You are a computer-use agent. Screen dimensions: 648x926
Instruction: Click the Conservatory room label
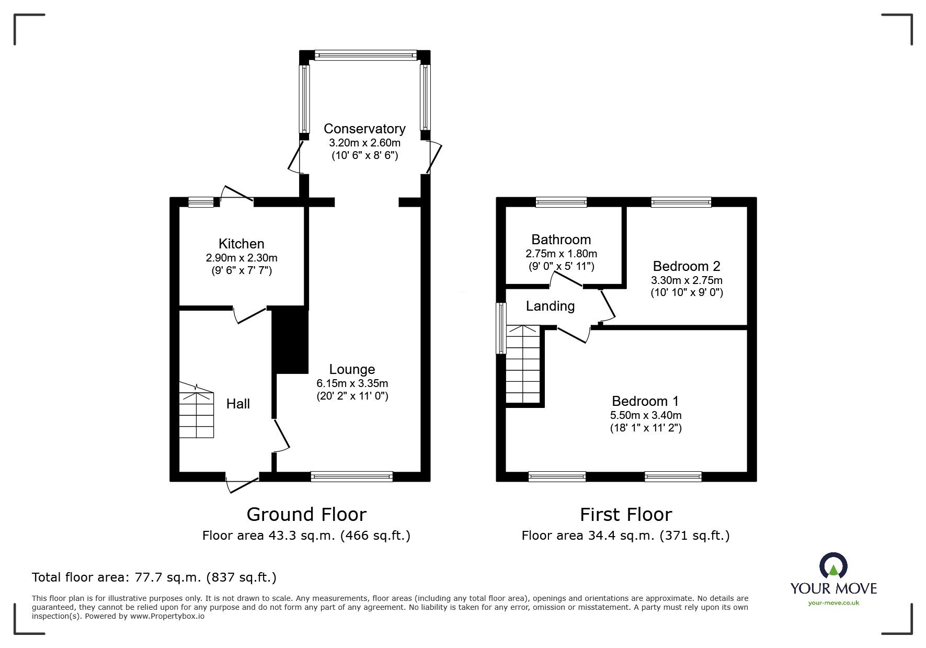[364, 129]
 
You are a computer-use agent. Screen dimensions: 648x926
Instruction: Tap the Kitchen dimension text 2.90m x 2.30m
[242, 258]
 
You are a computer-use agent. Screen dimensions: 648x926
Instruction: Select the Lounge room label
[352, 369]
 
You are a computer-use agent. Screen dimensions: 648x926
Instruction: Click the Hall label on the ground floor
[238, 404]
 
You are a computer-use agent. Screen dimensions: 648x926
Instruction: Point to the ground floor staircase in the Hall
[197, 410]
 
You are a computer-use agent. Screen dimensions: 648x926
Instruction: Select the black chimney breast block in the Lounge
[290, 340]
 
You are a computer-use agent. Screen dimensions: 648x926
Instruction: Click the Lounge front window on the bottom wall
[351, 476]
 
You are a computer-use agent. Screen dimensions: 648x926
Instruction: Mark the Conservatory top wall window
[365, 55]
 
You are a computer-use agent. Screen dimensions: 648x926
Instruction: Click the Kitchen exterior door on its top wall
[237, 195]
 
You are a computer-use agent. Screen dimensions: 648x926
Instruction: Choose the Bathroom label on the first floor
[561, 240]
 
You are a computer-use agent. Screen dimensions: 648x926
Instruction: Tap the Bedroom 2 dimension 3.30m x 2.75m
[687, 280]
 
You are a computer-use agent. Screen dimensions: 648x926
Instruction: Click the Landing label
[550, 306]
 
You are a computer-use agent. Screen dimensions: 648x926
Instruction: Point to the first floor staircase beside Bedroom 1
[523, 364]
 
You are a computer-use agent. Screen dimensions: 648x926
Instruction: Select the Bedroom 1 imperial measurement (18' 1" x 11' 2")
[646, 428]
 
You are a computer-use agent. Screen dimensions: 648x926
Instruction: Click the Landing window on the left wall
[501, 328]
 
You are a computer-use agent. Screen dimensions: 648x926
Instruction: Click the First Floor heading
[625, 515]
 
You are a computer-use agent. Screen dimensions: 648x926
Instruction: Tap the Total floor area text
[154, 577]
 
